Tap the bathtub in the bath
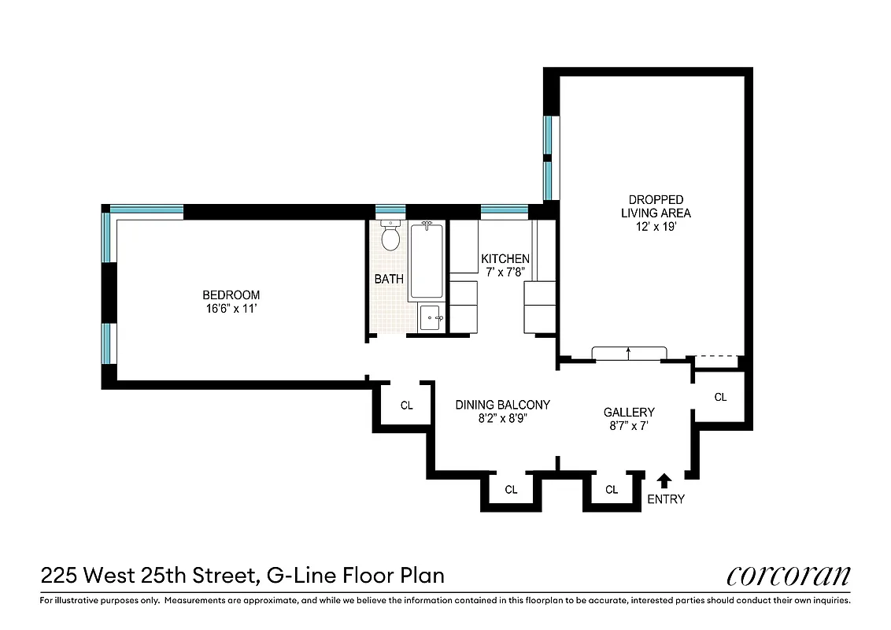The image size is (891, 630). (426, 261)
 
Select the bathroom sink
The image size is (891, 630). (431, 318)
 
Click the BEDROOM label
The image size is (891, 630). (231, 295)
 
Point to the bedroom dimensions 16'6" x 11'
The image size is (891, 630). (231, 309)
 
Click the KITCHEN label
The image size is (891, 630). (505, 259)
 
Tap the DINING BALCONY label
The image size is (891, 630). (502, 405)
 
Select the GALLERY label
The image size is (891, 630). (629, 412)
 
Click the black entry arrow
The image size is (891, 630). (664, 480)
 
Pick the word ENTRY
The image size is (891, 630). (665, 499)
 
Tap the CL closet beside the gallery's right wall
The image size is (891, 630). (720, 398)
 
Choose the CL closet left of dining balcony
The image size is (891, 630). (406, 406)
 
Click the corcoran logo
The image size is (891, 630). (788, 576)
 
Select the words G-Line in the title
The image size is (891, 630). (301, 576)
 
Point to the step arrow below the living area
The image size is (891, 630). (629, 353)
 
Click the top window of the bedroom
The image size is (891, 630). (146, 210)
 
